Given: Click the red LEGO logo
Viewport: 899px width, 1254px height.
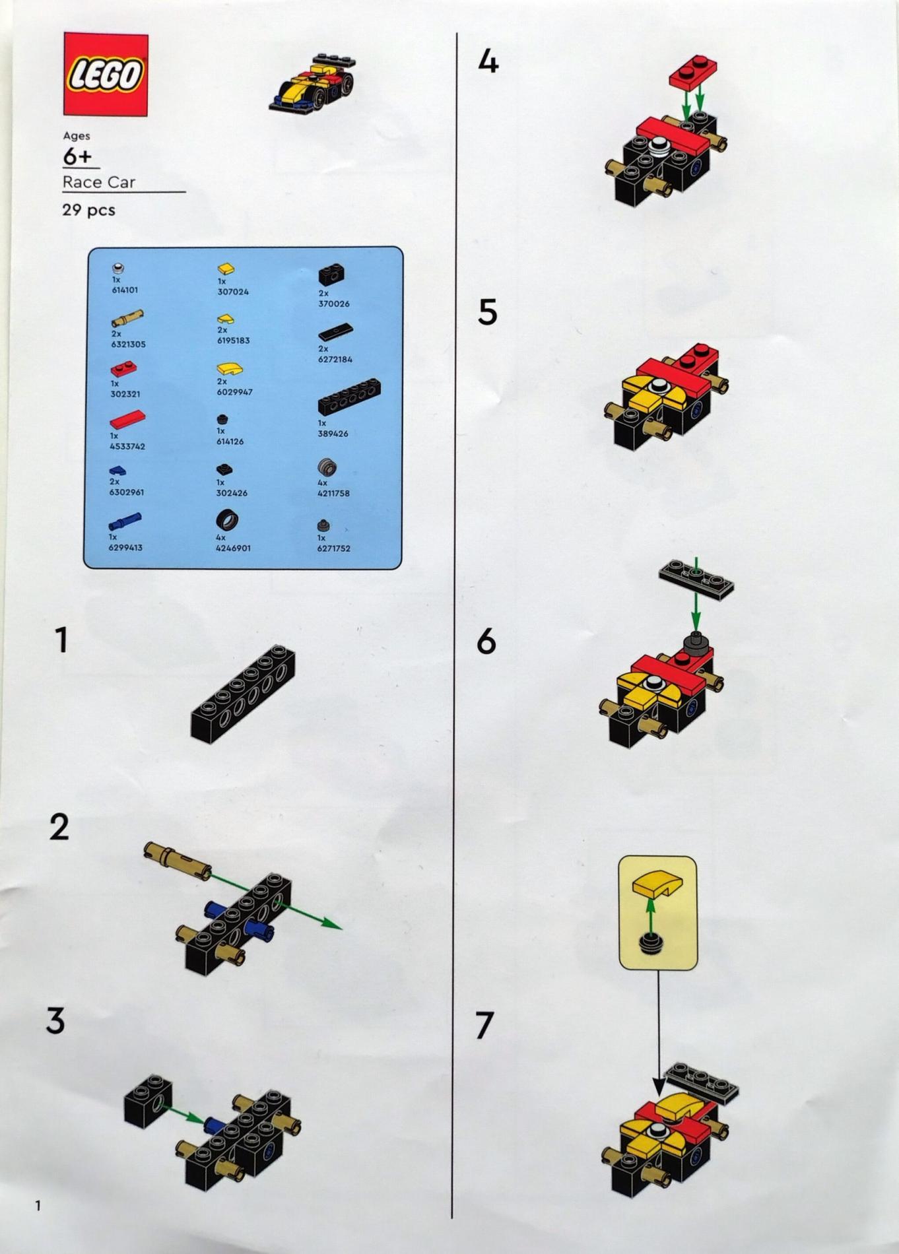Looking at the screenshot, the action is point(106,75).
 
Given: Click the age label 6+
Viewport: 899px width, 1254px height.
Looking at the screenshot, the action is point(77,157).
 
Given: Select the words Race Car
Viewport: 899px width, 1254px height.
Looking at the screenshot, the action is point(99,181).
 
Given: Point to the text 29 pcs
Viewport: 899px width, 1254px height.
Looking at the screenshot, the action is point(88,210).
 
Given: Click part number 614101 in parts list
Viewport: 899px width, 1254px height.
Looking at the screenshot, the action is point(125,290).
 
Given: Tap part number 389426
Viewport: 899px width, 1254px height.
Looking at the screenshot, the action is point(333,434).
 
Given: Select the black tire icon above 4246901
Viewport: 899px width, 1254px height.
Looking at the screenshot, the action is point(227,521).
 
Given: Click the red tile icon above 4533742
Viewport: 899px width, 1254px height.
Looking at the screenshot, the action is point(127,420).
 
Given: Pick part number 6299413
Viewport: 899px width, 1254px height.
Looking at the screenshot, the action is point(126,547).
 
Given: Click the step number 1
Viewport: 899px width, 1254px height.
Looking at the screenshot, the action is point(61,640).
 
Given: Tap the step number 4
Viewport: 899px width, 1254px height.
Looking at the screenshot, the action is point(488,61).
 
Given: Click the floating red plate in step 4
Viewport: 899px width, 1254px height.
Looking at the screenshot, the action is point(693,73).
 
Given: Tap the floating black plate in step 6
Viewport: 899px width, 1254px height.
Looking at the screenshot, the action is point(696,579).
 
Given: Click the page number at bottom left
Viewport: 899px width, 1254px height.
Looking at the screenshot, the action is point(38,1206).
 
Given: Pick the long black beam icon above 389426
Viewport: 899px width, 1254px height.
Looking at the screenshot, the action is point(349,397).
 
